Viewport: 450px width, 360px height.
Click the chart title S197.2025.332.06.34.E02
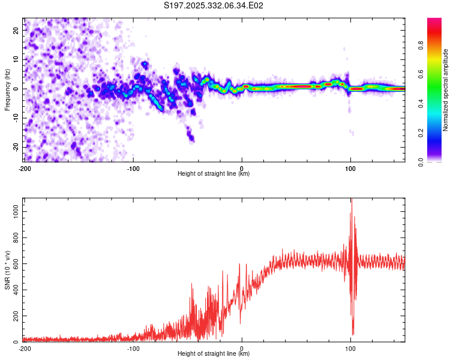214,6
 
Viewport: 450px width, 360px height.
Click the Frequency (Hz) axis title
7,89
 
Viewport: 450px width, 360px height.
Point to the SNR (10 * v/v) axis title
7,270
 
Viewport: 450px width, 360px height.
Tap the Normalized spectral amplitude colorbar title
445,90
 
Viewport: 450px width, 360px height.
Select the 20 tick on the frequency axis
16,30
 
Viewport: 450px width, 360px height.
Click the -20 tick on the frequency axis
15,147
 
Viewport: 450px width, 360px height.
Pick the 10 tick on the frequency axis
16,59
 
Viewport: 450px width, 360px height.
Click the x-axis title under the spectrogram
214,174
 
